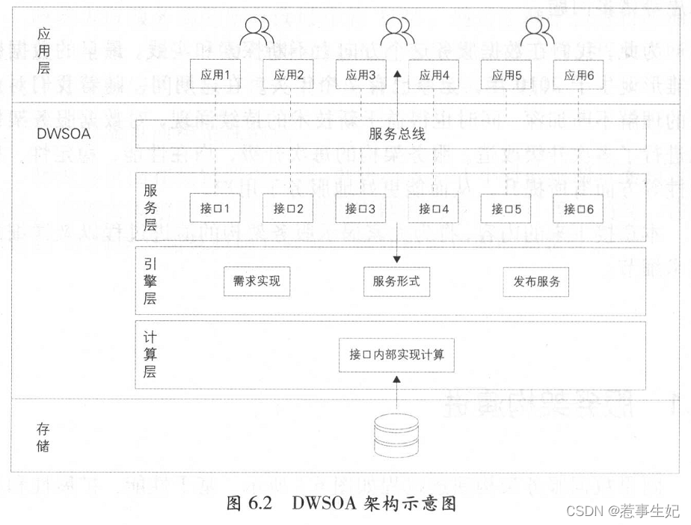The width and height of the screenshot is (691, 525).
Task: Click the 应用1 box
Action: [x=215, y=75]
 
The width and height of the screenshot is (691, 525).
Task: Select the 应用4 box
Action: [x=434, y=75]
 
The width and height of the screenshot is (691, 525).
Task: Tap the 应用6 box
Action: [x=580, y=75]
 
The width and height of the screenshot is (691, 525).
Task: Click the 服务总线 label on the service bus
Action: [x=397, y=135]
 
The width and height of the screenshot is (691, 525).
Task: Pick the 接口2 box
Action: [x=288, y=209]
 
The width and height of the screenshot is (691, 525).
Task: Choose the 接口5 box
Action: [x=507, y=209]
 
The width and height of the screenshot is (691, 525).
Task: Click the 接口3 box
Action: [x=360, y=209]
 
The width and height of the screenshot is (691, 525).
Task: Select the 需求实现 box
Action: [x=256, y=282]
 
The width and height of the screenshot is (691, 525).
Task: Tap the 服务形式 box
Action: [x=396, y=282]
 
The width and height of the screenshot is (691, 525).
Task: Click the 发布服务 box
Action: [x=536, y=282]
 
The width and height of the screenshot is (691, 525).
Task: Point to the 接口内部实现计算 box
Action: [x=396, y=354]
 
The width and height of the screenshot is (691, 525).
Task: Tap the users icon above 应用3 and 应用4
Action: [x=397, y=32]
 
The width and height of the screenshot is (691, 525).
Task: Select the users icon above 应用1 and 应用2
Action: [x=257, y=32]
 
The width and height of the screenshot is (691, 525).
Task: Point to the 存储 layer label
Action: [x=43, y=438]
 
